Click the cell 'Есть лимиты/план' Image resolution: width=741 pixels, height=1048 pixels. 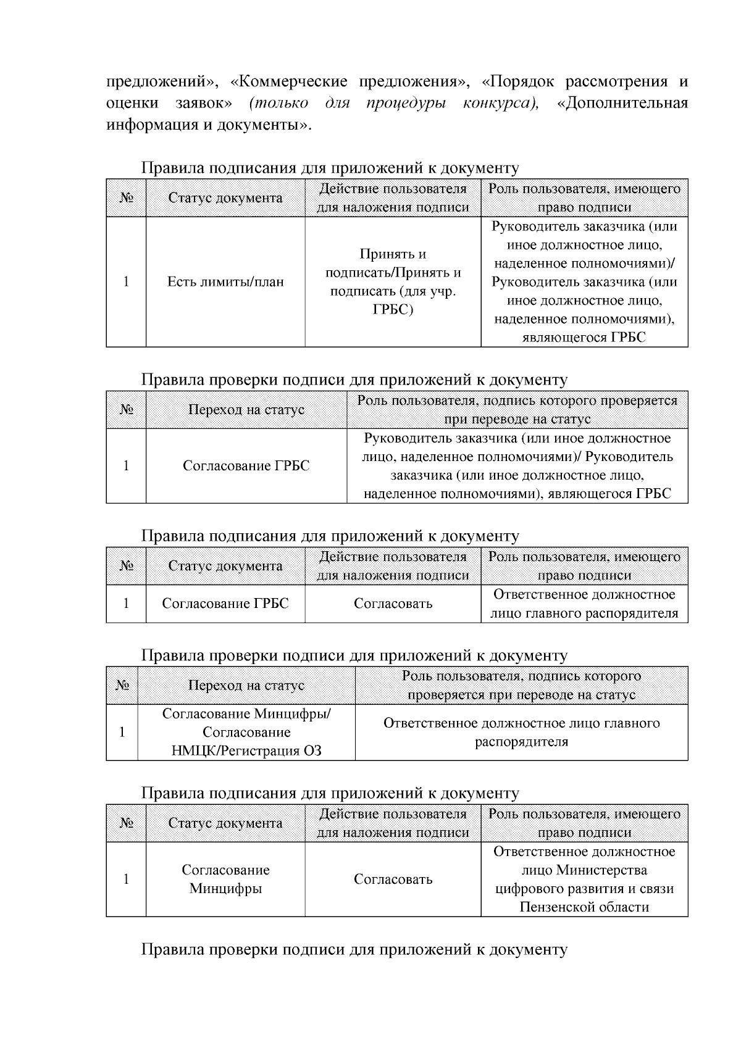coord(225,282)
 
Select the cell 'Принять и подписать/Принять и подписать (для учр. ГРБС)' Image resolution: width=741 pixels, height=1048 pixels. coord(393,282)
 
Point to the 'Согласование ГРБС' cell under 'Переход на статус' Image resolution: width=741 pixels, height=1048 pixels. coord(246,466)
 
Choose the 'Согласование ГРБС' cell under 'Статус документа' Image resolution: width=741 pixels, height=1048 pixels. coord(225,604)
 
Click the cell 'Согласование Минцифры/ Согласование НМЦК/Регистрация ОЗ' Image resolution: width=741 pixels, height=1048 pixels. coord(246,732)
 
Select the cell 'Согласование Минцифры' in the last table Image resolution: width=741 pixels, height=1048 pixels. coord(225,880)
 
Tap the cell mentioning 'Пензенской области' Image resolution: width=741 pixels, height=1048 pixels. coord(584,880)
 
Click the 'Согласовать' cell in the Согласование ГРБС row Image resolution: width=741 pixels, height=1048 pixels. coord(393,604)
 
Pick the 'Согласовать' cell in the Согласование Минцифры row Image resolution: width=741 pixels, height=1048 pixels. coord(393,880)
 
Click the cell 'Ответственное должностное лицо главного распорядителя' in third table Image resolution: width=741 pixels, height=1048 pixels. coord(584,604)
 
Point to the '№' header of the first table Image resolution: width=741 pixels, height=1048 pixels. coord(126,198)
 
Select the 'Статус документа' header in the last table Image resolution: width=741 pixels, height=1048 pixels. coord(225,823)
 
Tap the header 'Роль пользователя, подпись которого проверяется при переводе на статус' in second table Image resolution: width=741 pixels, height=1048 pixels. coord(517,410)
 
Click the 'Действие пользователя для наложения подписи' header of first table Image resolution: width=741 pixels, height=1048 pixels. coord(393,198)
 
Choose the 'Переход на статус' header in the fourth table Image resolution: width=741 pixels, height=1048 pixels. coord(246,686)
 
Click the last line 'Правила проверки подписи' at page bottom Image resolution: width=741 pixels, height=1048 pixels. coord(354,949)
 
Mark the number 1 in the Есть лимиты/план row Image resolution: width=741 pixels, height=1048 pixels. coord(126,282)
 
